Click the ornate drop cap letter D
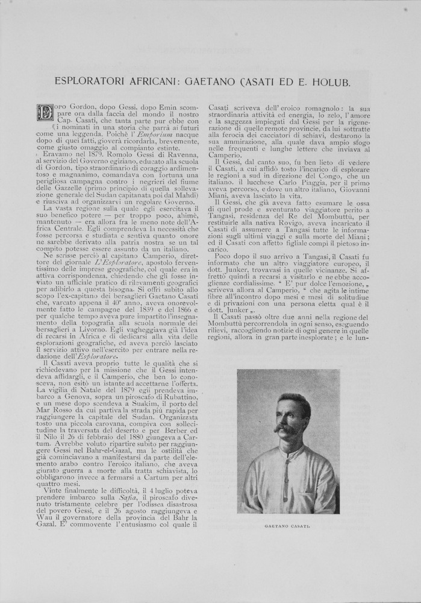coord(46,113)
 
